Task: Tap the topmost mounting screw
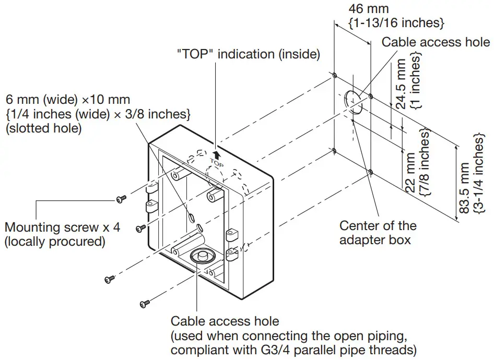coord(121,199)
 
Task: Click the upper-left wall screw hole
coord(334,75)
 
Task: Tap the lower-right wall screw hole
coord(370,171)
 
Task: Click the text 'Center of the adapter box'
coord(378,233)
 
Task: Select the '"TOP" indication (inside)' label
coord(248,54)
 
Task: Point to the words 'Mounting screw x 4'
coord(62,228)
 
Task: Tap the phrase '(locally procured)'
coord(55,242)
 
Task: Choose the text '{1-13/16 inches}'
coord(396,22)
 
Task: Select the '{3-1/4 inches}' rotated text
coord(478,172)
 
